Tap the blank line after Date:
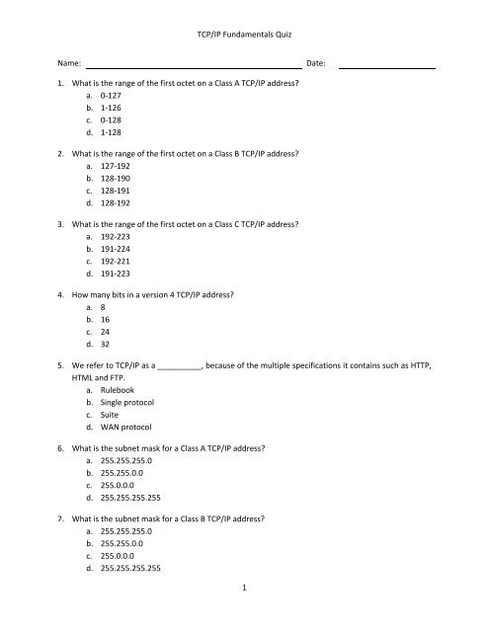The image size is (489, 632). tap(387, 66)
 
